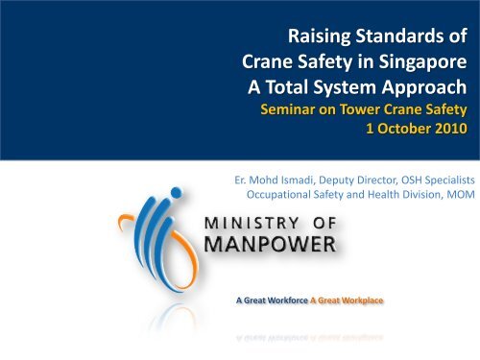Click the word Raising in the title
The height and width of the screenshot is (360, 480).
319,36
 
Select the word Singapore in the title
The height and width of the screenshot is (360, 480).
422,62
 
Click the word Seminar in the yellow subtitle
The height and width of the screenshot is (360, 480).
288,109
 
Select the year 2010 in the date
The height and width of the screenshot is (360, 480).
450,129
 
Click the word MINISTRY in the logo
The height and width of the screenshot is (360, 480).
252,223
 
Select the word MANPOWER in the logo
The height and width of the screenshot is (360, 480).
270,245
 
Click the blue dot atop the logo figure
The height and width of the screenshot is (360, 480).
177,193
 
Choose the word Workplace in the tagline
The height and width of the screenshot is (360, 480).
362,300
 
